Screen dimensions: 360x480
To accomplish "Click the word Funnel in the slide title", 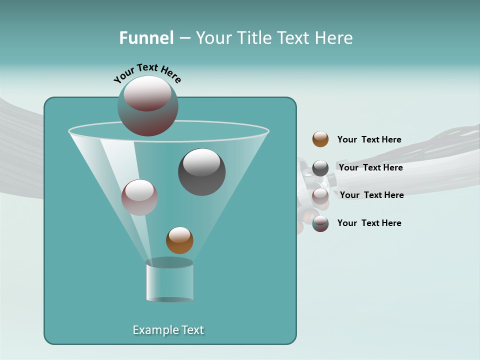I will click(146, 38).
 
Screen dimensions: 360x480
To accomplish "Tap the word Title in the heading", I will click(254, 38).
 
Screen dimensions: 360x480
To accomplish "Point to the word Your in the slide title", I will click(212, 38).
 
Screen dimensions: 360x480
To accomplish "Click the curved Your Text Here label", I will click(147, 73).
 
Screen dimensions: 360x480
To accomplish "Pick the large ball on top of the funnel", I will click(147, 106).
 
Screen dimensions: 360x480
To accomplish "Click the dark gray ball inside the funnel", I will click(201, 172).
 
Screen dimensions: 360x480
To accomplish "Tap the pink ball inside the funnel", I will click(139, 197).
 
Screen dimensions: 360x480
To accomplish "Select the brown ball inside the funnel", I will click(179, 240).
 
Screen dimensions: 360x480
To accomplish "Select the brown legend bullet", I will click(320, 139).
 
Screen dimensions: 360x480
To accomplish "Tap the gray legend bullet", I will click(320, 168).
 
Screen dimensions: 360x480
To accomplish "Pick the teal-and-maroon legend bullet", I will click(320, 223).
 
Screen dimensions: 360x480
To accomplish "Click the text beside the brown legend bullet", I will click(369, 139).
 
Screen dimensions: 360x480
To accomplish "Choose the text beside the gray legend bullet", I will click(370, 167).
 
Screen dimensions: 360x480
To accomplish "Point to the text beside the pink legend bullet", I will click(371, 195).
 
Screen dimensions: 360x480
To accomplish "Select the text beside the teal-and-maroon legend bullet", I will click(369, 223).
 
